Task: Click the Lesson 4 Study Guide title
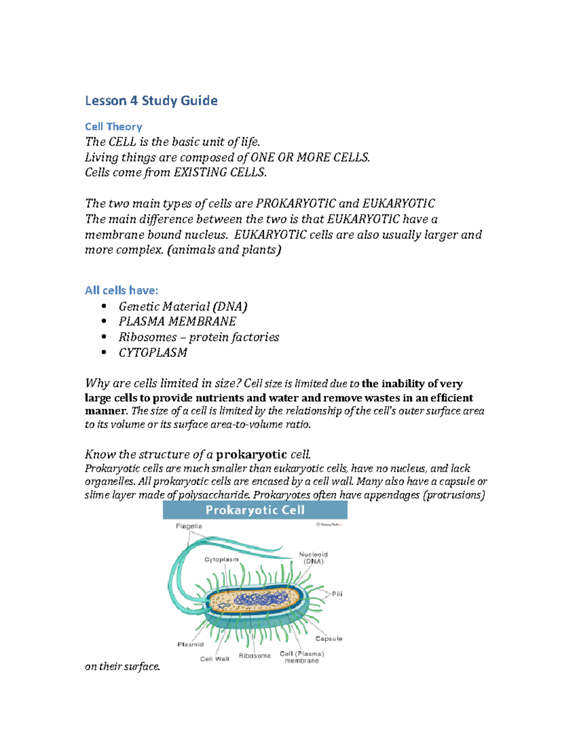click(151, 101)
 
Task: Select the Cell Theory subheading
click(113, 127)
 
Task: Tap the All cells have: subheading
click(121, 291)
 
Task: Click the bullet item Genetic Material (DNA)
click(183, 306)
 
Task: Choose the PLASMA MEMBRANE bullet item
click(177, 321)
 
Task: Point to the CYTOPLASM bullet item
click(153, 353)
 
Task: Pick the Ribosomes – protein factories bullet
click(199, 337)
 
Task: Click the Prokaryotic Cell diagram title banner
click(255, 510)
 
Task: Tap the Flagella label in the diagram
click(189, 526)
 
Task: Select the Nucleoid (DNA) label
click(314, 558)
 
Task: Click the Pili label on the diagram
click(337, 594)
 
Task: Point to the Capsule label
click(329, 639)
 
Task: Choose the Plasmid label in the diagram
click(190, 645)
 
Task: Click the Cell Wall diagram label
click(214, 659)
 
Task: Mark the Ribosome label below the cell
click(255, 656)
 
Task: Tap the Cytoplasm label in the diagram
click(221, 560)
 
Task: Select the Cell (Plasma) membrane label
click(302, 657)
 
